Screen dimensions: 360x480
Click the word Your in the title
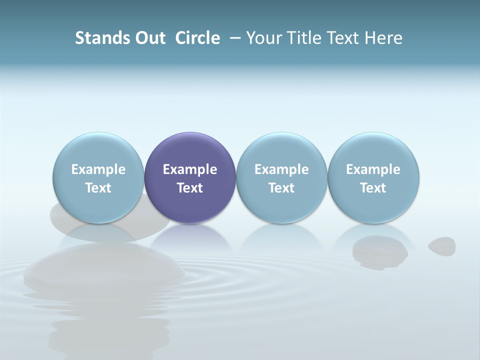pos(263,38)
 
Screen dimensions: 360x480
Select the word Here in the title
pos(384,38)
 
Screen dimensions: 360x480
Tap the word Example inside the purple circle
pos(190,169)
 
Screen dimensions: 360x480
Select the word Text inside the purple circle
pos(190,188)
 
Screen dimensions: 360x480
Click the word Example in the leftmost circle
pos(98,169)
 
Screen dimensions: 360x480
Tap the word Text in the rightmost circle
pos(373,188)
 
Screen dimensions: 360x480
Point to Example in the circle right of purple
pos(281,169)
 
